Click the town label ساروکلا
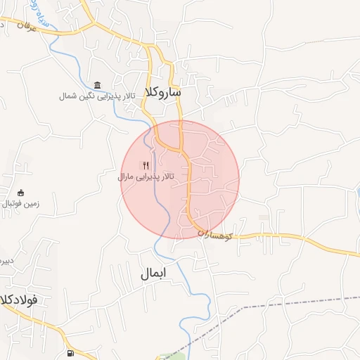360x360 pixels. click(162, 93)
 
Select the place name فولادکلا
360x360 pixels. click(19, 299)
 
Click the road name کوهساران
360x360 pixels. click(224, 236)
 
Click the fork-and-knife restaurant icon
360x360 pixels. click(146, 166)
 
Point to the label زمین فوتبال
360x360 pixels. click(15, 203)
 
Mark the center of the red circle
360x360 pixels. click(180, 179)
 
